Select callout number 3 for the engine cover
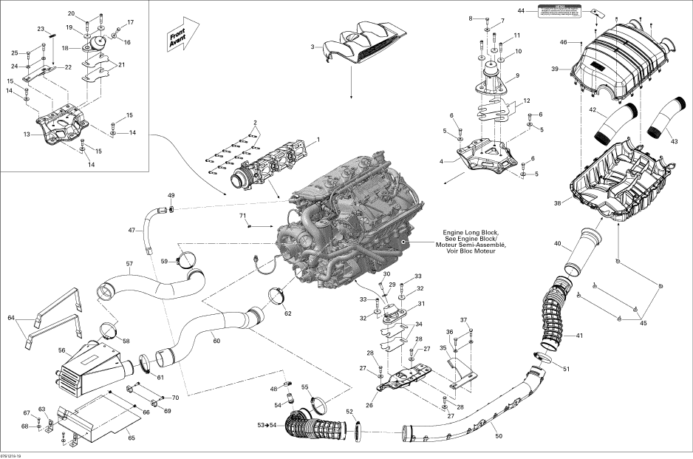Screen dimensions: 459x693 pos(313,47)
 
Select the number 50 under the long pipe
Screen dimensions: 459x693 pos(499,437)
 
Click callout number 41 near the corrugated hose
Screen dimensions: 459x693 pos(579,336)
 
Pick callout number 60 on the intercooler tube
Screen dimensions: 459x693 pos(216,341)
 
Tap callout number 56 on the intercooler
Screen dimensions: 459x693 pos(62,351)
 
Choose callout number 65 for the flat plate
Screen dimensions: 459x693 pos(132,438)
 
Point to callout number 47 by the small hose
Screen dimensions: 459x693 pos(131,231)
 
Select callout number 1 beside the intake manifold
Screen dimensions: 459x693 pos(318,140)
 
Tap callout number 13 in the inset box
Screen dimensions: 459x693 pos(27,135)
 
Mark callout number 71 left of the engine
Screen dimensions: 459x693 pos(242,215)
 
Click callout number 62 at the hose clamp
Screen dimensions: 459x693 pos(288,313)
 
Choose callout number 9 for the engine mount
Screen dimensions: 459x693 pos(518,75)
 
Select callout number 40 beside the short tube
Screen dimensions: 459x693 pos(558,243)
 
